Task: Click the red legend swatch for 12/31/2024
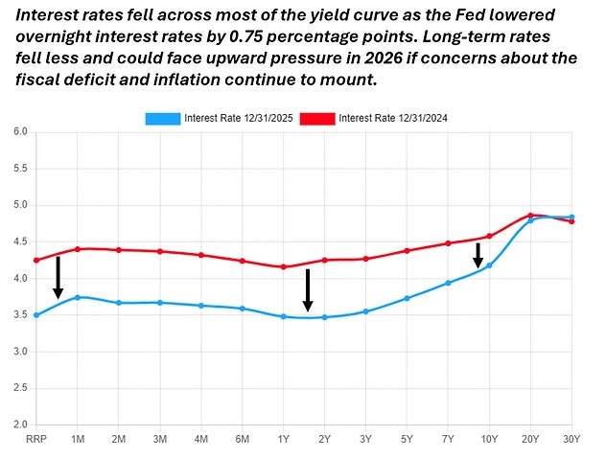(x=318, y=118)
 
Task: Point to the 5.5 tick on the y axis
(x=21, y=168)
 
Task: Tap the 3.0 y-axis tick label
(x=21, y=352)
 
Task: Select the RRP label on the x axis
(x=36, y=439)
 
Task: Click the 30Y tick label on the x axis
(x=571, y=439)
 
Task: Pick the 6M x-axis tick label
(x=242, y=439)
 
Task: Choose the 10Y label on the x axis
(x=489, y=439)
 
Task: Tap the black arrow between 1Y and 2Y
(x=308, y=289)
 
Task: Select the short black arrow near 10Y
(x=478, y=255)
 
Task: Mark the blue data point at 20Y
(x=530, y=220)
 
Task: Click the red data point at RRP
(x=36, y=260)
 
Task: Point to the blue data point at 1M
(x=77, y=297)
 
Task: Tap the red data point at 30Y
(x=571, y=221)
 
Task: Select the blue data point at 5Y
(x=407, y=298)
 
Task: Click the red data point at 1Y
(x=283, y=266)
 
